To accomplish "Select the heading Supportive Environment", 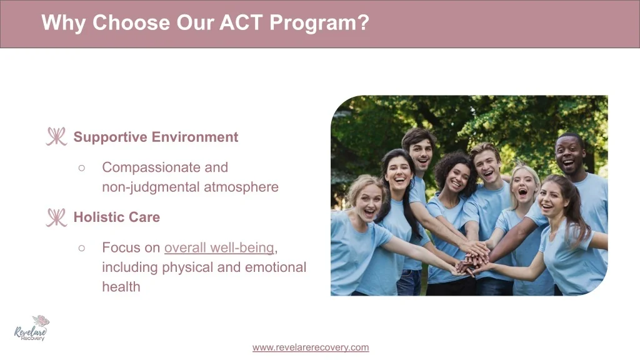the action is point(156,137).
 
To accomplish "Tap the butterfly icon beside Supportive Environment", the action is point(56,136).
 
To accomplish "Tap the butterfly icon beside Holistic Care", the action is point(56,217).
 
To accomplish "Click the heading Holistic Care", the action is point(117,217).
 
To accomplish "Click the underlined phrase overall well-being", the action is point(219,247).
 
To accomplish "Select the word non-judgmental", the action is point(151,187).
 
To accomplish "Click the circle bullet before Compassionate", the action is point(82,167).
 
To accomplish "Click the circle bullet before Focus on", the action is point(82,247).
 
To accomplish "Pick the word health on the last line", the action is point(121,286).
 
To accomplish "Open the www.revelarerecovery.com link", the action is point(311,347).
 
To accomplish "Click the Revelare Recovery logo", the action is point(32,328).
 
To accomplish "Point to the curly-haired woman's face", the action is point(456,178).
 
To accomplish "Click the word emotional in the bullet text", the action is point(276,267).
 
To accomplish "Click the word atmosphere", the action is point(241,187).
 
